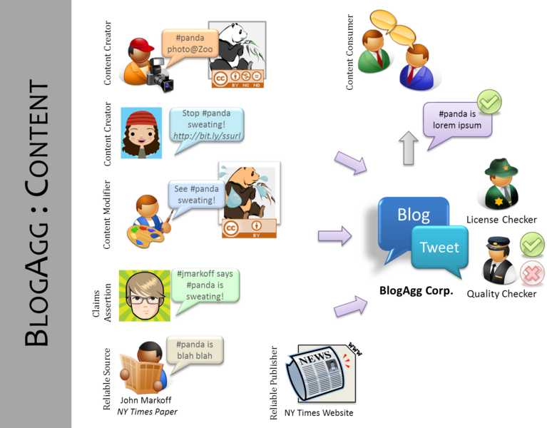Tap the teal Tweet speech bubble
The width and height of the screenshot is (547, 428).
pos(439,248)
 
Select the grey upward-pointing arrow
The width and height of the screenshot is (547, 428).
pos(409,148)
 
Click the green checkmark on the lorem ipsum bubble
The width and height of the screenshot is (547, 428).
pos(489,102)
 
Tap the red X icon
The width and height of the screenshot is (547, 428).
pos(532,275)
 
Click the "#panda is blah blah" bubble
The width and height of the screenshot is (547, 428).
pos(194,350)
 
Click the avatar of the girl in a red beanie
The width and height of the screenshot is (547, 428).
pos(141,133)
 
